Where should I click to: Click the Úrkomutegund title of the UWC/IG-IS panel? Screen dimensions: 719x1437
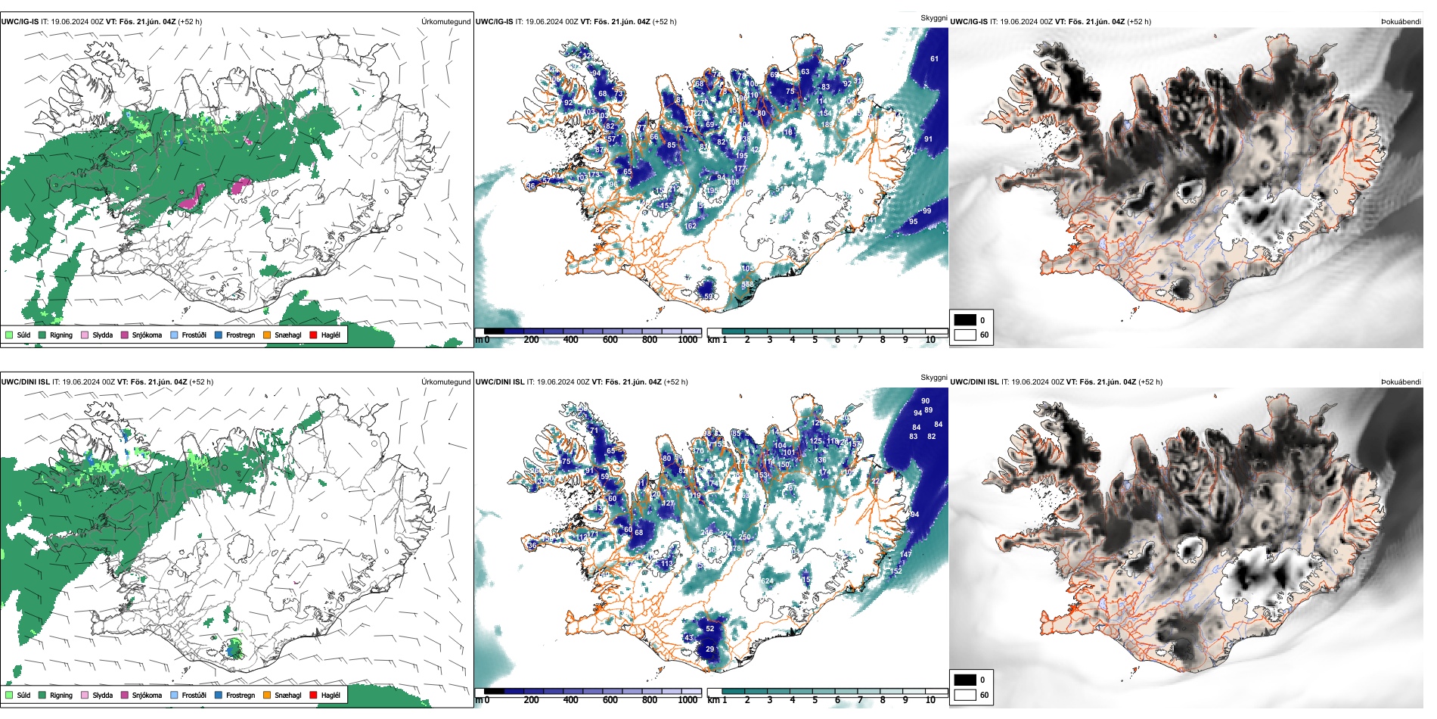click(x=445, y=22)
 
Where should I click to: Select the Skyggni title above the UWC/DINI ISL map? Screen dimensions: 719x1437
click(x=933, y=377)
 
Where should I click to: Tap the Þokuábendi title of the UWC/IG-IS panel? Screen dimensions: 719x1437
click(x=1401, y=22)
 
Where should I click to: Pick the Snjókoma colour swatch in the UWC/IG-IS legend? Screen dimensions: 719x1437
click(x=125, y=335)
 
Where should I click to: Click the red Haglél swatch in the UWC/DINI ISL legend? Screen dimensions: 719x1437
click(x=313, y=695)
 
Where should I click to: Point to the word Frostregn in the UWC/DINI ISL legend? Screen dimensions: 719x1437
click(x=240, y=695)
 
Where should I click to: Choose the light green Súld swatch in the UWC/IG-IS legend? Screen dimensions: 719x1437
click(x=9, y=335)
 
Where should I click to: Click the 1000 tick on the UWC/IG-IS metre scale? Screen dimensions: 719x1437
click(x=687, y=340)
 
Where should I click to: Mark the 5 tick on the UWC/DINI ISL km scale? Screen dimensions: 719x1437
click(x=815, y=700)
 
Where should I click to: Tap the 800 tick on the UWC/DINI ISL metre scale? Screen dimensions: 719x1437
click(x=649, y=700)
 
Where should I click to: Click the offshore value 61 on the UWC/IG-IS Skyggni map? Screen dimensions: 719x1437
click(x=934, y=59)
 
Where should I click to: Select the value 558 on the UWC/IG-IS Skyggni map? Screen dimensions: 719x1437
click(x=747, y=285)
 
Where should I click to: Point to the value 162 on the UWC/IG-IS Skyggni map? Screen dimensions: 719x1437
click(x=690, y=226)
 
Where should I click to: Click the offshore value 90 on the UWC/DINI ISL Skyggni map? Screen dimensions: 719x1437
click(x=925, y=401)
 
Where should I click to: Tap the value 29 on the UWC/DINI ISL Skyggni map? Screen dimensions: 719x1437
click(x=709, y=649)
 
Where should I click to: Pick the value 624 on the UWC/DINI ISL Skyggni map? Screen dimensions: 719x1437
click(x=767, y=581)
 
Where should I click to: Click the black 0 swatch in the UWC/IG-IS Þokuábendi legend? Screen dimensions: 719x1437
click(x=965, y=320)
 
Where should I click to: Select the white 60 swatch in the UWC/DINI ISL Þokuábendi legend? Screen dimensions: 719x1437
click(x=965, y=695)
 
